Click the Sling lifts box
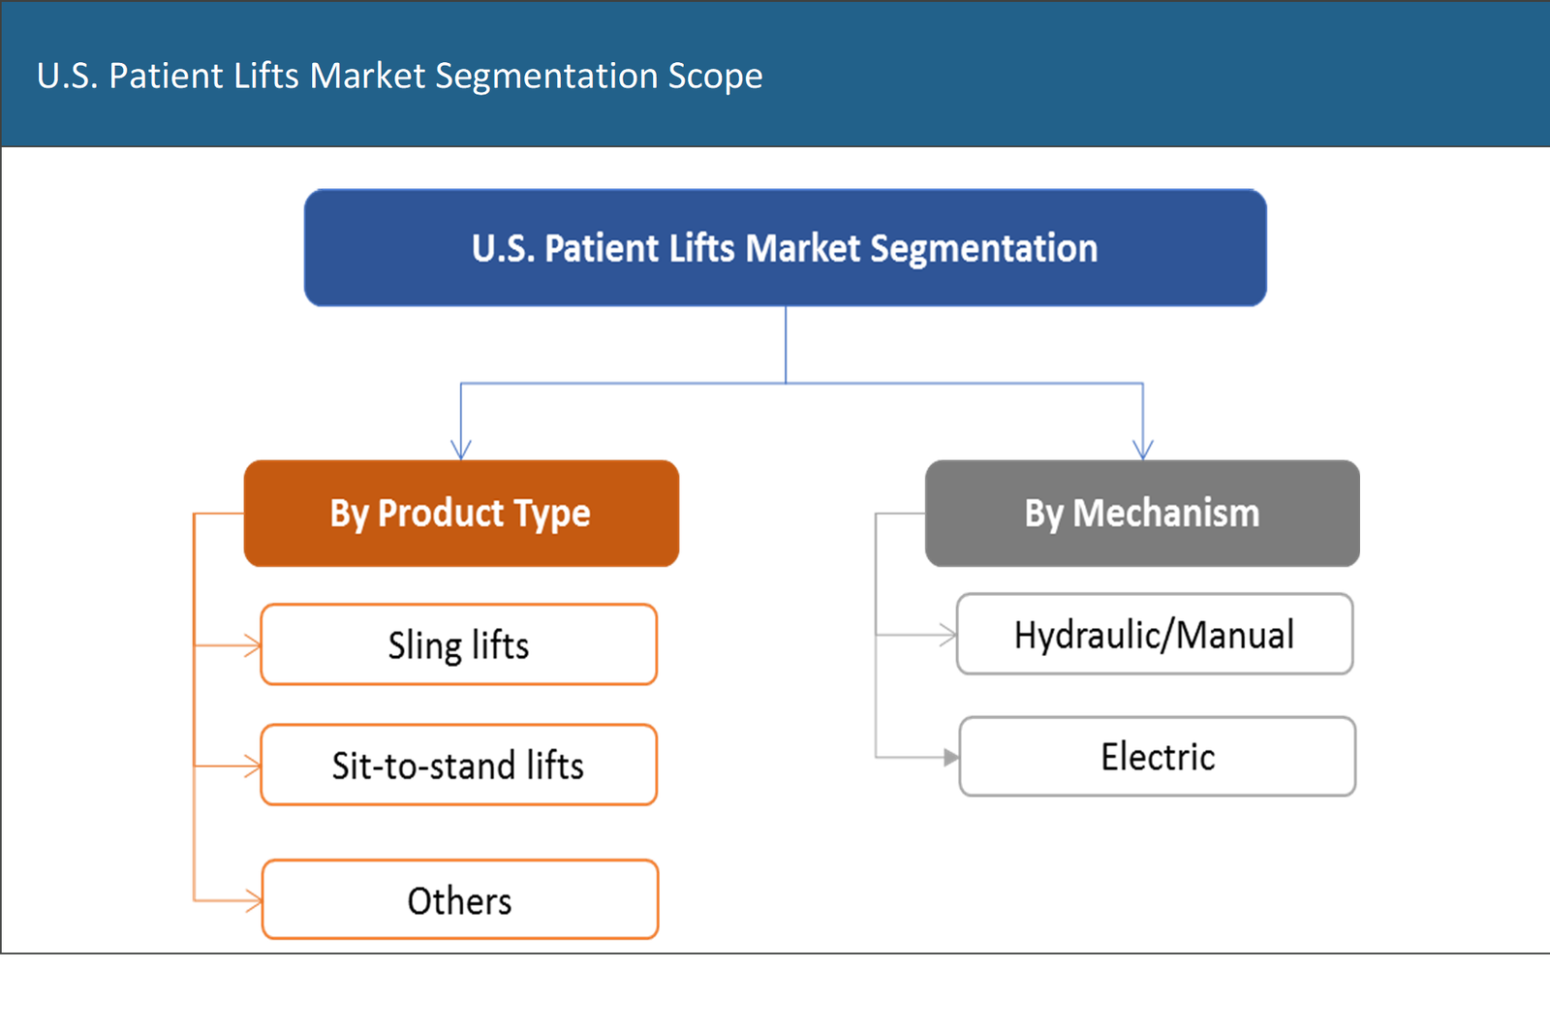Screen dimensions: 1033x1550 tap(458, 645)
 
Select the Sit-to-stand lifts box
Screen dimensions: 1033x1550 tap(458, 766)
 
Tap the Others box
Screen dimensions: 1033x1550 tap(460, 900)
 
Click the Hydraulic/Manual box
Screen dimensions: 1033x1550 tap(1154, 635)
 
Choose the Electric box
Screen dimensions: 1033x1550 tap(1158, 757)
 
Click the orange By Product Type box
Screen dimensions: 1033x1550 tap(461, 513)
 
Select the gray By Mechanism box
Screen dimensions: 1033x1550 tap(1141, 513)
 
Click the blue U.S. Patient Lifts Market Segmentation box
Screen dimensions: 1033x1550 tap(785, 248)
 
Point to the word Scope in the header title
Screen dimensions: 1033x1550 tap(715, 76)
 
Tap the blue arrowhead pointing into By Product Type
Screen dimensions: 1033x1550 tap(461, 449)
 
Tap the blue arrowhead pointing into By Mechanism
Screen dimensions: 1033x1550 tap(1143, 449)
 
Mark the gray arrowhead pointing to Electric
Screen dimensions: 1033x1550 tap(949, 758)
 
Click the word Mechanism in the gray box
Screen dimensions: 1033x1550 tap(1166, 513)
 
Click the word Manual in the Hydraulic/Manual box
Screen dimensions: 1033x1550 tap(1236, 635)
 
